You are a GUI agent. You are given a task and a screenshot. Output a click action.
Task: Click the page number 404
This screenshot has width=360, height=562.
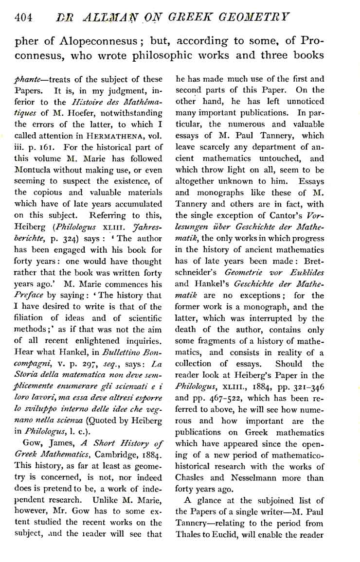[x=23, y=18]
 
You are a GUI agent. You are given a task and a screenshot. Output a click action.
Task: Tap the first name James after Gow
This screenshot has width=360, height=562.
[x=50, y=427]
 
